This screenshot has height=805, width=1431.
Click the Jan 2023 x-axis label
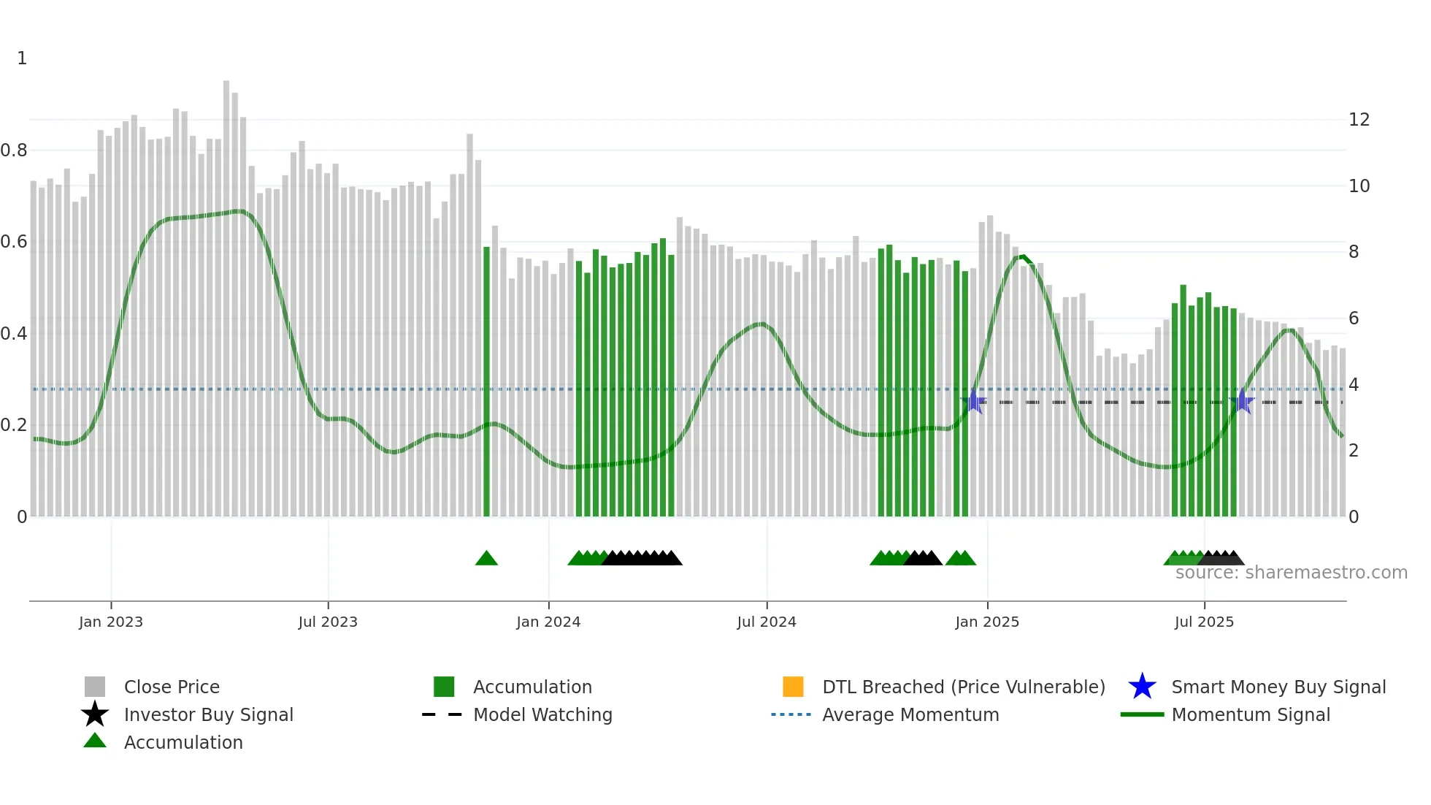tap(111, 622)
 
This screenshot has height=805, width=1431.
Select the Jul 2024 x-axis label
tap(766, 622)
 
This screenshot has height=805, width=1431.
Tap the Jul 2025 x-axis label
tap(1203, 622)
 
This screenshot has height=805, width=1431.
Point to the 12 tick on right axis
tap(1359, 120)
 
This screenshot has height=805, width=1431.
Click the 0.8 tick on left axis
tap(14, 150)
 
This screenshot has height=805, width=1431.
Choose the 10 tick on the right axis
tap(1359, 186)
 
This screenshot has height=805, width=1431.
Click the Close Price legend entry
tap(171, 687)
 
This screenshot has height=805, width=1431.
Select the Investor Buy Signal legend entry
tap(208, 714)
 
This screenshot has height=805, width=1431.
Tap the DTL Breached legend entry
tap(963, 687)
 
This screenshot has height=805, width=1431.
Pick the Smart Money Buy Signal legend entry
tap(1278, 687)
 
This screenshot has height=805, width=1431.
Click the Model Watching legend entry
tap(542, 714)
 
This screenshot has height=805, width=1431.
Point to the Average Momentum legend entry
tap(910, 714)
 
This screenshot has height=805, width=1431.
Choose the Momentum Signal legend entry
tap(1250, 714)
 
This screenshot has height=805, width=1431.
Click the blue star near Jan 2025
tap(973, 402)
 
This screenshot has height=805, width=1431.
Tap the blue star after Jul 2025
tap(1242, 402)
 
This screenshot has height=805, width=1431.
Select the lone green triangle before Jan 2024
tap(486, 559)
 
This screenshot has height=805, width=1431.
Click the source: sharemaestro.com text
tap(1291, 573)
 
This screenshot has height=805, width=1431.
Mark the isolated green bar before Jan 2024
tap(487, 380)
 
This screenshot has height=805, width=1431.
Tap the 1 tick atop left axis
tap(22, 58)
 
